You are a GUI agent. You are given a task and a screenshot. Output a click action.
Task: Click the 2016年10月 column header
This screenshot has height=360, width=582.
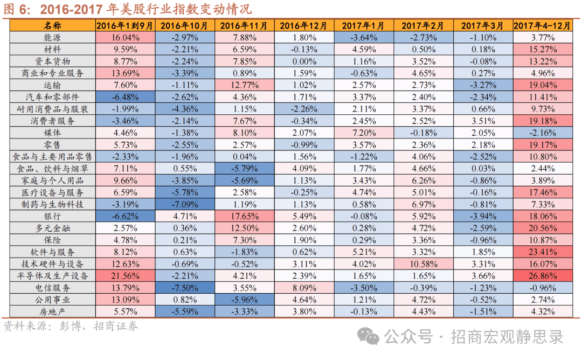click(x=184, y=25)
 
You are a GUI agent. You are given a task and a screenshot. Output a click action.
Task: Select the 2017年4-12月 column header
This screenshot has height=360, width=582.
click(x=543, y=25)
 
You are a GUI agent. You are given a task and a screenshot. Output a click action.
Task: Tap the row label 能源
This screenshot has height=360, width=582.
click(x=53, y=38)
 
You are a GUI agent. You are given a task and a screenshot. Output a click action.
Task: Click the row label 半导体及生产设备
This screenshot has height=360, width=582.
click(x=53, y=275)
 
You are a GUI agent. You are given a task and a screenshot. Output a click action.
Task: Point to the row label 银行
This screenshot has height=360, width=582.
click(x=53, y=216)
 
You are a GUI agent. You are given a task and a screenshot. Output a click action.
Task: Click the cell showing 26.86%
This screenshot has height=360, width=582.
click(x=543, y=275)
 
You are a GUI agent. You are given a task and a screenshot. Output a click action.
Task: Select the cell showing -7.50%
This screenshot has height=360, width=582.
click(x=184, y=287)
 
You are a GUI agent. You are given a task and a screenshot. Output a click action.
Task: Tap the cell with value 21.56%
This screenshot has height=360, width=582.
click(x=125, y=275)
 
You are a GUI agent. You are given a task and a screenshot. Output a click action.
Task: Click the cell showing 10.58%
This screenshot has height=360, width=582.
click(x=423, y=264)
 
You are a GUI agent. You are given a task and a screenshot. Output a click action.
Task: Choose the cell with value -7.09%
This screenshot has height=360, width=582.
click(x=184, y=204)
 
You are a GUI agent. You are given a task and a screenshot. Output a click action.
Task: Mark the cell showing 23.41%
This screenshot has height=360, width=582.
click(x=543, y=252)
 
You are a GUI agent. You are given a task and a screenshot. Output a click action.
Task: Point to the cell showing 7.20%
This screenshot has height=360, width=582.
click(x=363, y=133)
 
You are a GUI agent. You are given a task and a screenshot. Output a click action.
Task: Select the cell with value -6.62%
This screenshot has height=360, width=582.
click(x=125, y=216)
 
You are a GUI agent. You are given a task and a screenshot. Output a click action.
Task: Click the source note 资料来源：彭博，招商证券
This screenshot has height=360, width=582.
click(x=71, y=326)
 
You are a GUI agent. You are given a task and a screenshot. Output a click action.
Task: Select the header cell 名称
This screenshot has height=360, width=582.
click(x=53, y=25)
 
